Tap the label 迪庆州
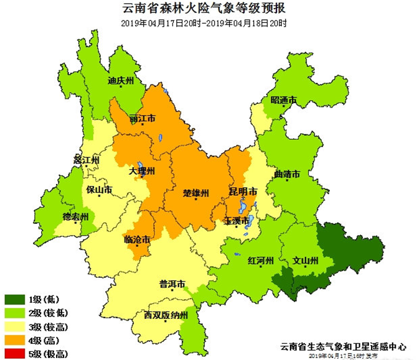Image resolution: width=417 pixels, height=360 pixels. (x=121, y=81)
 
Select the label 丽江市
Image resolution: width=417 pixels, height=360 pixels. (x=142, y=118)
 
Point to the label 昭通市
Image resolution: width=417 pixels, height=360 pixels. (x=283, y=100)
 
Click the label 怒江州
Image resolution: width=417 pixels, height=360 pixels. (x=87, y=160)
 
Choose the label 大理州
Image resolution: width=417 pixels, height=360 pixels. (x=142, y=171)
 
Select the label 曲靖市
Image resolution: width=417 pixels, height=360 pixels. (x=287, y=175)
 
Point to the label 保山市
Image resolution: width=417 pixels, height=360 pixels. (x=99, y=190)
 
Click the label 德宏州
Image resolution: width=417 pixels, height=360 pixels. (x=76, y=216)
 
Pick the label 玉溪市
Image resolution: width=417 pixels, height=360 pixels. (x=237, y=221)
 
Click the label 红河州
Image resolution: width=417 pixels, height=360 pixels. (x=260, y=261)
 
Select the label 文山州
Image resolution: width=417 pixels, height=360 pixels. (x=306, y=261)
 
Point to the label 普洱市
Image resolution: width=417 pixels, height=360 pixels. (x=172, y=285)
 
